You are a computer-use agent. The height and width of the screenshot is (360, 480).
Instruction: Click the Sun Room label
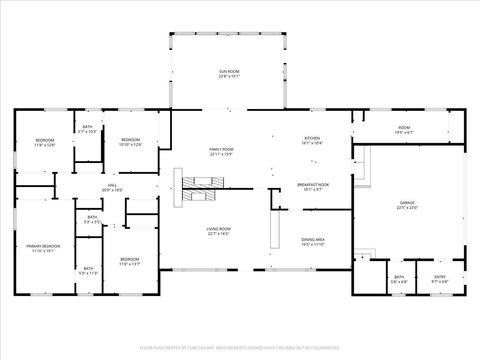point(230,73)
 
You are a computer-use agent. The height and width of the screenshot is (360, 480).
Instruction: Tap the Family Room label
point(221,151)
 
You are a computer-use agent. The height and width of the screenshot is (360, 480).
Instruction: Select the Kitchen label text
point(312,140)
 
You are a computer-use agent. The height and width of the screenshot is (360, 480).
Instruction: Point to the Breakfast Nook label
point(313,186)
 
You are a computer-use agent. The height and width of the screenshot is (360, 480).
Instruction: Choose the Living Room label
point(220,233)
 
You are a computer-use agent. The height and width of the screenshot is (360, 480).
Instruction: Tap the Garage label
point(406,206)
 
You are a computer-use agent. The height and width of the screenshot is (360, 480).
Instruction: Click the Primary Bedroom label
point(43,248)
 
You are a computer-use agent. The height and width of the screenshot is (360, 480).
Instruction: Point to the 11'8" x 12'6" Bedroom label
point(45,142)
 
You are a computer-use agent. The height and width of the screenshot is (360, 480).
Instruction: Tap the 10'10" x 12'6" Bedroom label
point(131,142)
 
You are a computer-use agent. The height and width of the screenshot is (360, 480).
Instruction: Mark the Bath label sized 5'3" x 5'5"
point(91,220)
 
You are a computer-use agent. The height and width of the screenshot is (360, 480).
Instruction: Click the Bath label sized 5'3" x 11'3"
point(88,270)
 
